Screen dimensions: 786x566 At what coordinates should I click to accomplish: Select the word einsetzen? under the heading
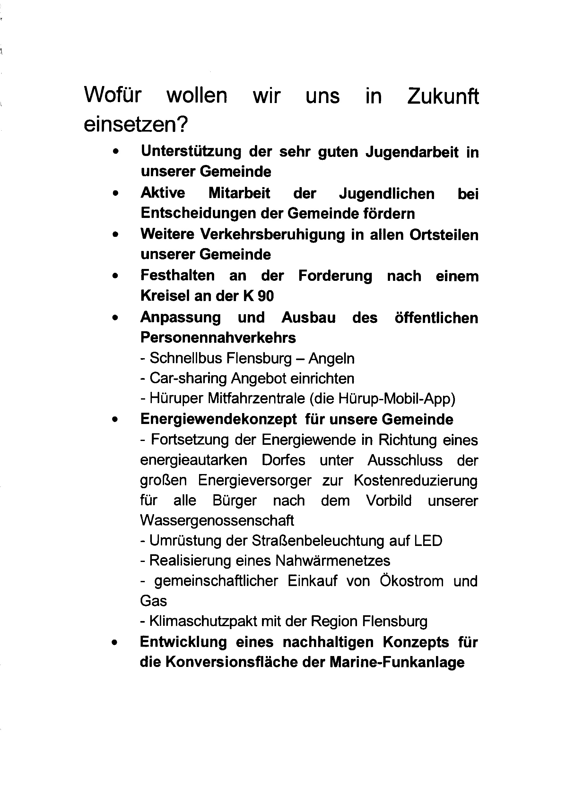tap(135, 124)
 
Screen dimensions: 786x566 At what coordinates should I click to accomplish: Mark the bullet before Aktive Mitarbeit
tap(116, 193)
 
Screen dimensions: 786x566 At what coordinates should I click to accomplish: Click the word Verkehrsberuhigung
tap(273, 234)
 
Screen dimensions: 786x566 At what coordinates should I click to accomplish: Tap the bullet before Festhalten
tap(116, 276)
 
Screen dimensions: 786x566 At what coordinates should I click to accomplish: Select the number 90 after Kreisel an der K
tap(266, 296)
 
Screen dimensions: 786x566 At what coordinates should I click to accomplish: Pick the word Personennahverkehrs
tap(218, 338)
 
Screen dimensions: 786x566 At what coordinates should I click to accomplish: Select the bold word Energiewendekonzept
tap(218, 419)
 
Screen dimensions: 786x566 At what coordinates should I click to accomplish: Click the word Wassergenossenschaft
tap(217, 521)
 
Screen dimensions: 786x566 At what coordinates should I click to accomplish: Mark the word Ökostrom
tap(411, 581)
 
